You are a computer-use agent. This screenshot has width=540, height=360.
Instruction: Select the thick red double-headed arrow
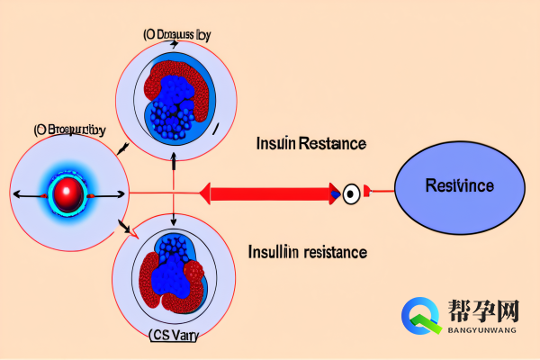(269, 192)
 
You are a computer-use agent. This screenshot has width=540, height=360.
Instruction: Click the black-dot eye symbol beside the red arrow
(351, 192)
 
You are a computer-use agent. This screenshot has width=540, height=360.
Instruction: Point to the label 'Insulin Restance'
(311, 144)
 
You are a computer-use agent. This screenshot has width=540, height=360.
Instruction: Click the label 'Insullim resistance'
(307, 252)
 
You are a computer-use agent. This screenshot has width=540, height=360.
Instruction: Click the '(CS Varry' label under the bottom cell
(174, 337)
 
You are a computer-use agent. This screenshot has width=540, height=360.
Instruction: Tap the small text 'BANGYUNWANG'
(482, 331)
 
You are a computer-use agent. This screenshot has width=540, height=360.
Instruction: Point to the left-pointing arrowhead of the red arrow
(206, 192)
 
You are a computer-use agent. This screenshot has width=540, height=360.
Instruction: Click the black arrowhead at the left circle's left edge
(14, 193)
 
